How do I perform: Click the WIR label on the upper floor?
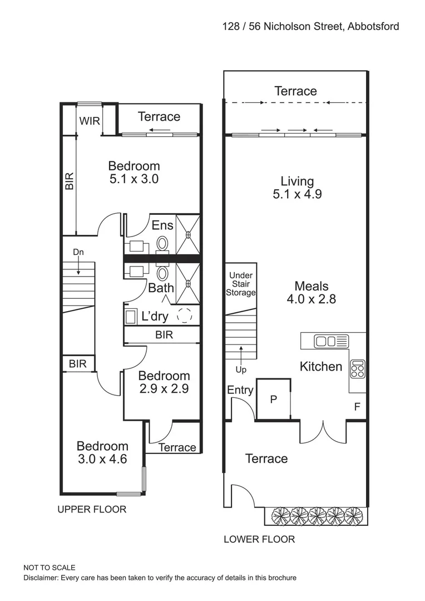(x=89, y=121)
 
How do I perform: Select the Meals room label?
(x=311, y=286)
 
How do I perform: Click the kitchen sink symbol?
(x=330, y=341)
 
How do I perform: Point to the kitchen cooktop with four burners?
(x=357, y=368)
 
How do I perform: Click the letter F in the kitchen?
(x=357, y=407)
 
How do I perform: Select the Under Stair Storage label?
(x=241, y=284)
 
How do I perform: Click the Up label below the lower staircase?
(x=240, y=369)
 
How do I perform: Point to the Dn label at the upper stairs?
(x=78, y=253)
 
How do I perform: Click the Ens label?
(x=162, y=225)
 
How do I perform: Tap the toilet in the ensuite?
(x=163, y=244)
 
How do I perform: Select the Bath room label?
(x=161, y=288)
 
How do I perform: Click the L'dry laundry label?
(x=155, y=317)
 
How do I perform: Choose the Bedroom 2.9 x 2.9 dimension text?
(x=164, y=388)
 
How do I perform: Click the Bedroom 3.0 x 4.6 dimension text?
(x=102, y=459)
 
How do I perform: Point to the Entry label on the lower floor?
(x=240, y=391)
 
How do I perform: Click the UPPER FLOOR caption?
(x=92, y=509)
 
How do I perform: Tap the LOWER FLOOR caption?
(x=259, y=539)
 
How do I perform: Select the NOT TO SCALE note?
(x=49, y=568)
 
